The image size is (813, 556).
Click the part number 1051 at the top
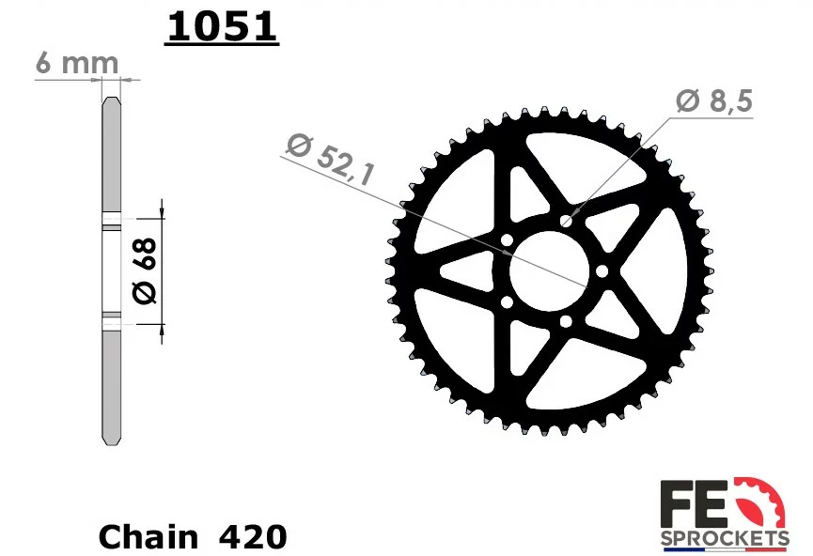(222, 26)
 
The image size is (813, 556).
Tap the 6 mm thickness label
(77, 63)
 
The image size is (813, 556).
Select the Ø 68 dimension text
(145, 270)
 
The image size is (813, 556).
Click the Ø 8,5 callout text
(714, 100)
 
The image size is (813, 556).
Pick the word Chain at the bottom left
(149, 537)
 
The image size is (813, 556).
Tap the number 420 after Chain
(253, 537)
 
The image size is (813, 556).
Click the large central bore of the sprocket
(550, 270)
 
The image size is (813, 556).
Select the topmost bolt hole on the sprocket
(566, 222)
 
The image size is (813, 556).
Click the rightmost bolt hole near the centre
(602, 271)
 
